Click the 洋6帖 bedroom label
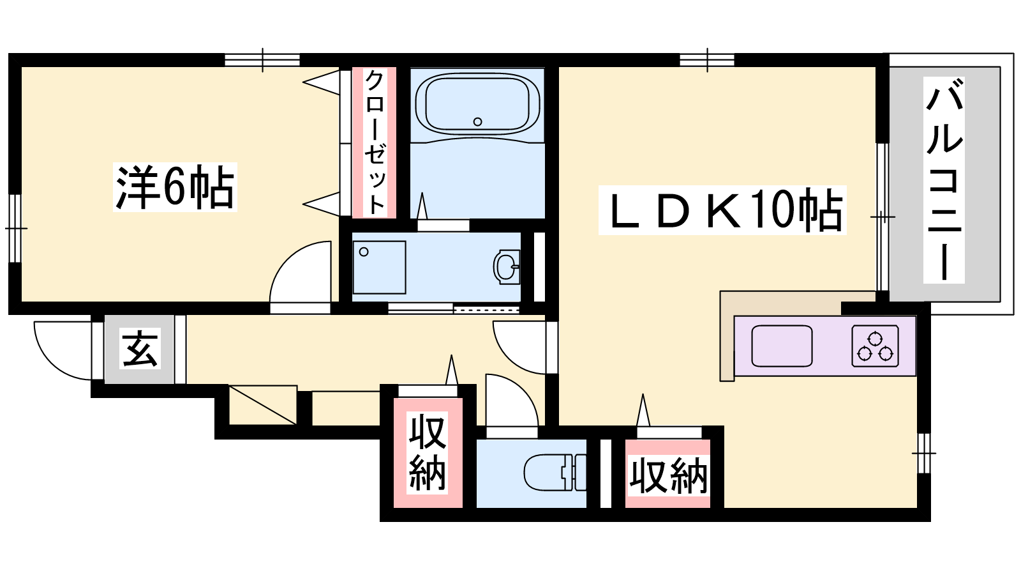pyautogui.click(x=175, y=187)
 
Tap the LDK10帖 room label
pyautogui.click(x=722, y=210)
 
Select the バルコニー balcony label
pyautogui.click(x=944, y=180)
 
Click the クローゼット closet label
pyautogui.click(x=375, y=142)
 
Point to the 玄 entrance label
pyautogui.click(x=140, y=348)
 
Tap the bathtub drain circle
pyautogui.click(x=478, y=121)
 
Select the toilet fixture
pyautogui.click(x=555, y=472)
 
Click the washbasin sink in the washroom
pyautogui.click(x=507, y=266)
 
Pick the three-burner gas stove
pyautogui.click(x=875, y=346)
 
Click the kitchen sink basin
pyautogui.click(x=782, y=346)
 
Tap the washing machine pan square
pyautogui.click(x=379, y=267)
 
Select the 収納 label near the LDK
pyautogui.click(x=668, y=476)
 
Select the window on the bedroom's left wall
pyautogui.click(x=15, y=228)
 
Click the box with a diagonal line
pyautogui.click(x=263, y=405)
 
